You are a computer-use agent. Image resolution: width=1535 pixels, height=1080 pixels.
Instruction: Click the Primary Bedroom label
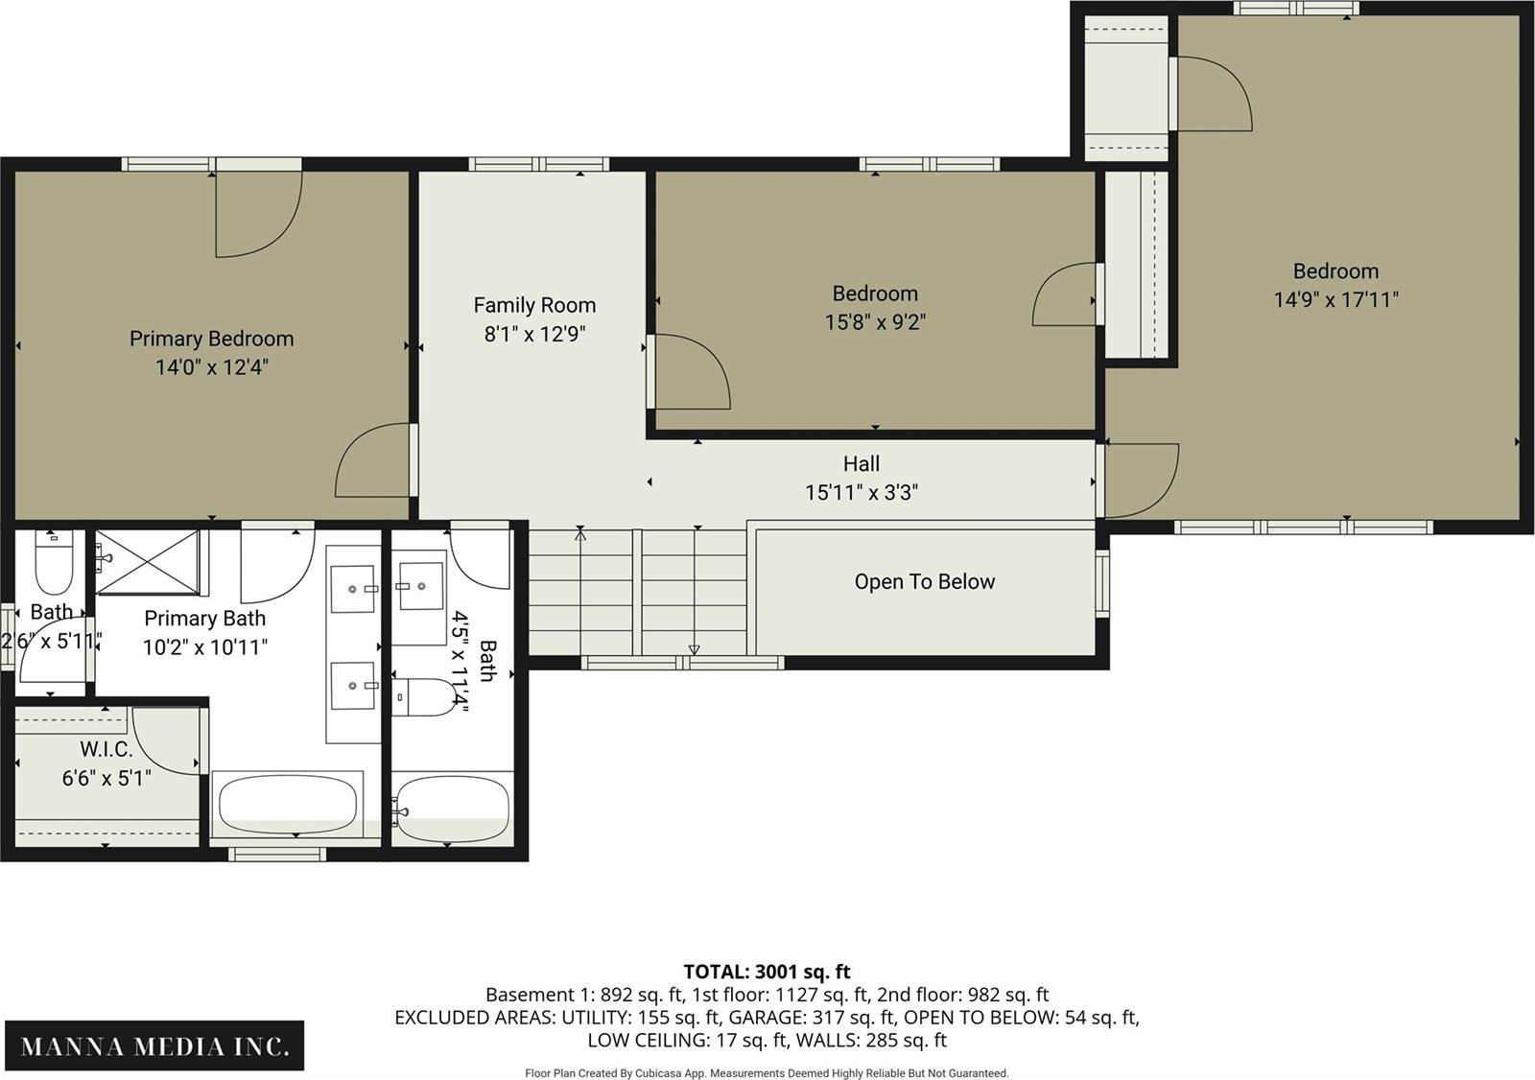click(212, 339)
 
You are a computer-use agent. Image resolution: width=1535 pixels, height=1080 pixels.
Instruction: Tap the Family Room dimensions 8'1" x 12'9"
click(534, 334)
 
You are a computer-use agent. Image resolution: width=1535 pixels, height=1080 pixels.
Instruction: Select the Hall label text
click(862, 464)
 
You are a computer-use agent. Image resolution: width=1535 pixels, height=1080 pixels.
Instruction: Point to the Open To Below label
click(925, 582)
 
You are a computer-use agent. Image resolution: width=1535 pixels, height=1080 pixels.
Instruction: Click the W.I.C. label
click(106, 749)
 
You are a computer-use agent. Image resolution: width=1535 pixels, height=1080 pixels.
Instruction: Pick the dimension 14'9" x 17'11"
click(1335, 299)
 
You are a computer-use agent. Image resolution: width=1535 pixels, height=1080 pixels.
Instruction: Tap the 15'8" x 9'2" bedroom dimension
click(875, 321)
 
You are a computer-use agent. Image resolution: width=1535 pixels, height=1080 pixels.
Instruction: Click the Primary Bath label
click(205, 618)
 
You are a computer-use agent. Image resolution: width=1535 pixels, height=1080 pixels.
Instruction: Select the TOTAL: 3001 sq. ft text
click(767, 972)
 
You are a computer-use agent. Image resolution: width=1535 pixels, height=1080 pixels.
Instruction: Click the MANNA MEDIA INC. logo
click(154, 1045)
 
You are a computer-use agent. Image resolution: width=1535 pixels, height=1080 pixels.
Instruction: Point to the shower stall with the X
click(148, 562)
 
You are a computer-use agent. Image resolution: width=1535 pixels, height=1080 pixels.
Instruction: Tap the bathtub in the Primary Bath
click(288, 804)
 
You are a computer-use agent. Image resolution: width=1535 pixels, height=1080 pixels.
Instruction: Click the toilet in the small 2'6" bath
click(54, 563)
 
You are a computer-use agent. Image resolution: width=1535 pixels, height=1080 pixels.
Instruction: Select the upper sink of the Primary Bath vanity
click(353, 588)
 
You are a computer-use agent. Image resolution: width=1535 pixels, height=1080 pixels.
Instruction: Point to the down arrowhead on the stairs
click(695, 649)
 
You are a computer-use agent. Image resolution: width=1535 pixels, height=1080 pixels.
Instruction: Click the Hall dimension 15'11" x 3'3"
click(862, 493)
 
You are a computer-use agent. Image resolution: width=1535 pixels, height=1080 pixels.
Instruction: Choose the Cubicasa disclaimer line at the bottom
click(767, 1073)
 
